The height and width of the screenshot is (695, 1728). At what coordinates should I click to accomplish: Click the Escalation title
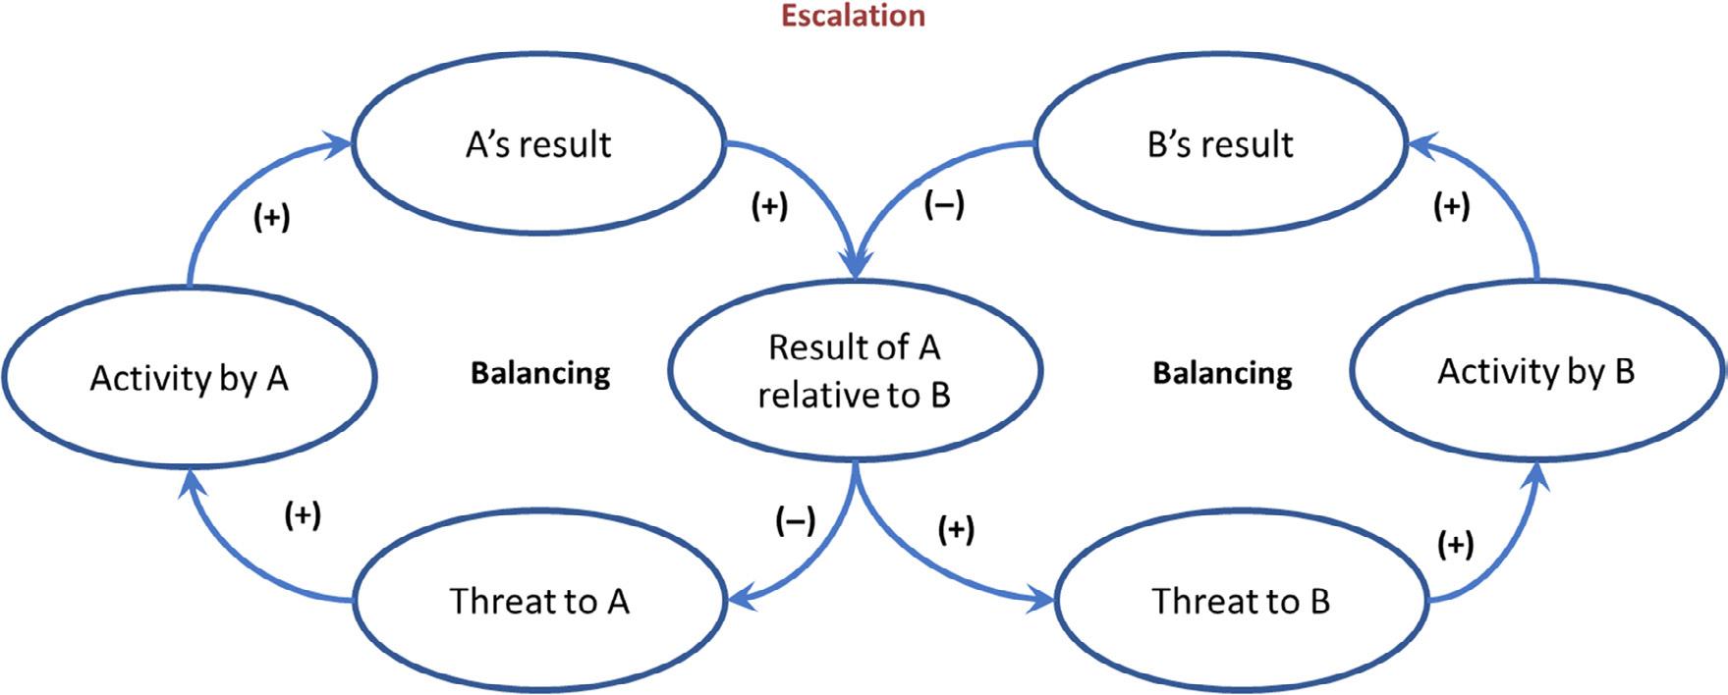point(853,16)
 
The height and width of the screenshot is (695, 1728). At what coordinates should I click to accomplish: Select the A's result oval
point(538,144)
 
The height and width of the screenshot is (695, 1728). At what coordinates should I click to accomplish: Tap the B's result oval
point(1220,144)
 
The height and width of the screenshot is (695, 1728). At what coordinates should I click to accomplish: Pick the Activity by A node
point(189,378)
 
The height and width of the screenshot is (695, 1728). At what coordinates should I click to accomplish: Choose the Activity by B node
point(1536,372)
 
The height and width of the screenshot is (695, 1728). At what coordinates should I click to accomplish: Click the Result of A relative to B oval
point(854,371)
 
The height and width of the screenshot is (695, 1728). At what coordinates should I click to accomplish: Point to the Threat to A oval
point(538,601)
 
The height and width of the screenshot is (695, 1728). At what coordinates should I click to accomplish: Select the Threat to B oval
point(1241,601)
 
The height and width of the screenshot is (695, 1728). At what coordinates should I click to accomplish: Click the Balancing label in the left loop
point(540,373)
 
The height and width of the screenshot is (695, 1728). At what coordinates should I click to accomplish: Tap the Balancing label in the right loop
point(1222,373)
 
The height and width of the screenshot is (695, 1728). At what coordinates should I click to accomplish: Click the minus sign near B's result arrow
point(945,205)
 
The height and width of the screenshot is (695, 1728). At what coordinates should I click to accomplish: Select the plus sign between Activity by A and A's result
point(271,218)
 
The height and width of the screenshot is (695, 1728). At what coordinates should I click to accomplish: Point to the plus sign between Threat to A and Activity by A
point(302,515)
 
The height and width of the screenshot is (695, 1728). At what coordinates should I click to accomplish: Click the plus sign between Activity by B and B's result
point(1452,207)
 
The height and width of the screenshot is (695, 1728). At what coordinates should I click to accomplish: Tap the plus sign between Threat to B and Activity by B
point(1455,544)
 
